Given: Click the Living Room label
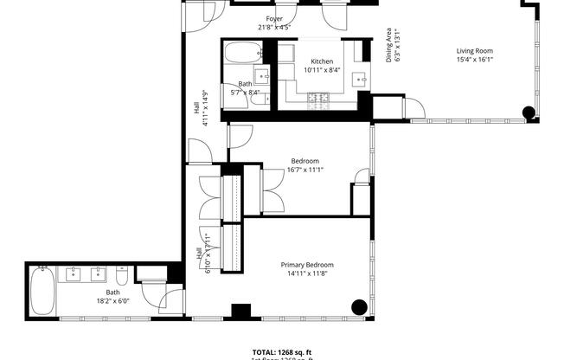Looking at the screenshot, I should pyautogui.click(x=474, y=51).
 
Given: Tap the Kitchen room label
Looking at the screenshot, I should pyautogui.click(x=322, y=61).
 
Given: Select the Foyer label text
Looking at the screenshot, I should pyautogui.click(x=274, y=18).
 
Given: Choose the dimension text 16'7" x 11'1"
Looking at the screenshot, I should pyautogui.click(x=304, y=170).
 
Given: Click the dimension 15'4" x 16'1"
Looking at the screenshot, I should pyautogui.click(x=474, y=60).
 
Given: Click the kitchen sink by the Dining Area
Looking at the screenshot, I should pyautogui.click(x=360, y=80).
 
